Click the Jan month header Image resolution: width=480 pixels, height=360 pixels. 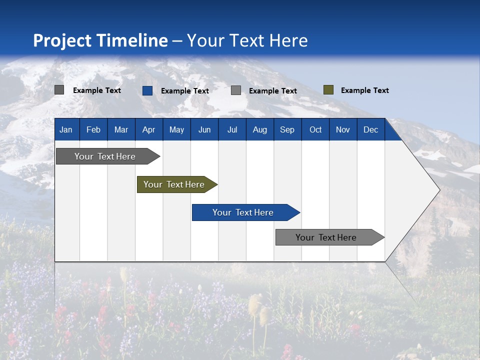(x=66, y=129)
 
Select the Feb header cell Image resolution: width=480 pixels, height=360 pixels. (x=93, y=129)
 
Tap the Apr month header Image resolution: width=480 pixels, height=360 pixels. (x=148, y=129)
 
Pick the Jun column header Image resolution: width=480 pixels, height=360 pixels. (x=204, y=129)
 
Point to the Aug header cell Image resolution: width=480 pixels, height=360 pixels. (x=259, y=129)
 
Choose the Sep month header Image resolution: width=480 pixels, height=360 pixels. (x=287, y=129)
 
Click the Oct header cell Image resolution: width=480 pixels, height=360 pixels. (x=315, y=129)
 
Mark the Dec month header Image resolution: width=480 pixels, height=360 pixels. (x=370, y=129)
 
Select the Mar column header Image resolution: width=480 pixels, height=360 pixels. (x=121, y=129)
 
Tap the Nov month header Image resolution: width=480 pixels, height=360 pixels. (x=343, y=129)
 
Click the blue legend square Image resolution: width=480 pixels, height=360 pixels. (x=147, y=90)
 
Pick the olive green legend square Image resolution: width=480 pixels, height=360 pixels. (x=328, y=90)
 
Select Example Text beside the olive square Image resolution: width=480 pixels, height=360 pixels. (x=364, y=90)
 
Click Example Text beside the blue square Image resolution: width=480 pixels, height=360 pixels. (x=184, y=91)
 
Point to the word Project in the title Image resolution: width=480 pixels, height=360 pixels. (x=62, y=40)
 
